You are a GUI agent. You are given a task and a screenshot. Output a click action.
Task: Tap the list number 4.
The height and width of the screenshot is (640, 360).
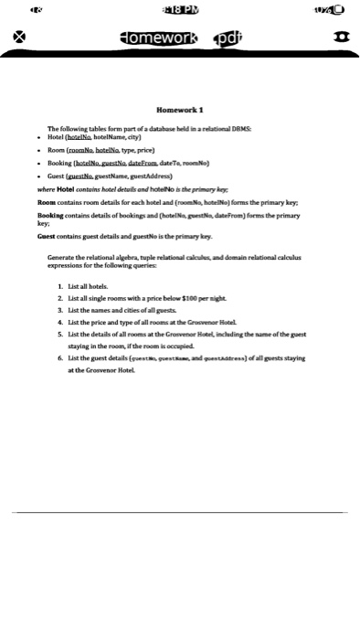pyautogui.click(x=58, y=323)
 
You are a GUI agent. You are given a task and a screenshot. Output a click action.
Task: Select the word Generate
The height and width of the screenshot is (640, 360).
pyautogui.click(x=62, y=258)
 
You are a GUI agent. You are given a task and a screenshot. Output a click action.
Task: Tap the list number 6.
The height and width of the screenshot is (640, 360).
pyautogui.click(x=58, y=358)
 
